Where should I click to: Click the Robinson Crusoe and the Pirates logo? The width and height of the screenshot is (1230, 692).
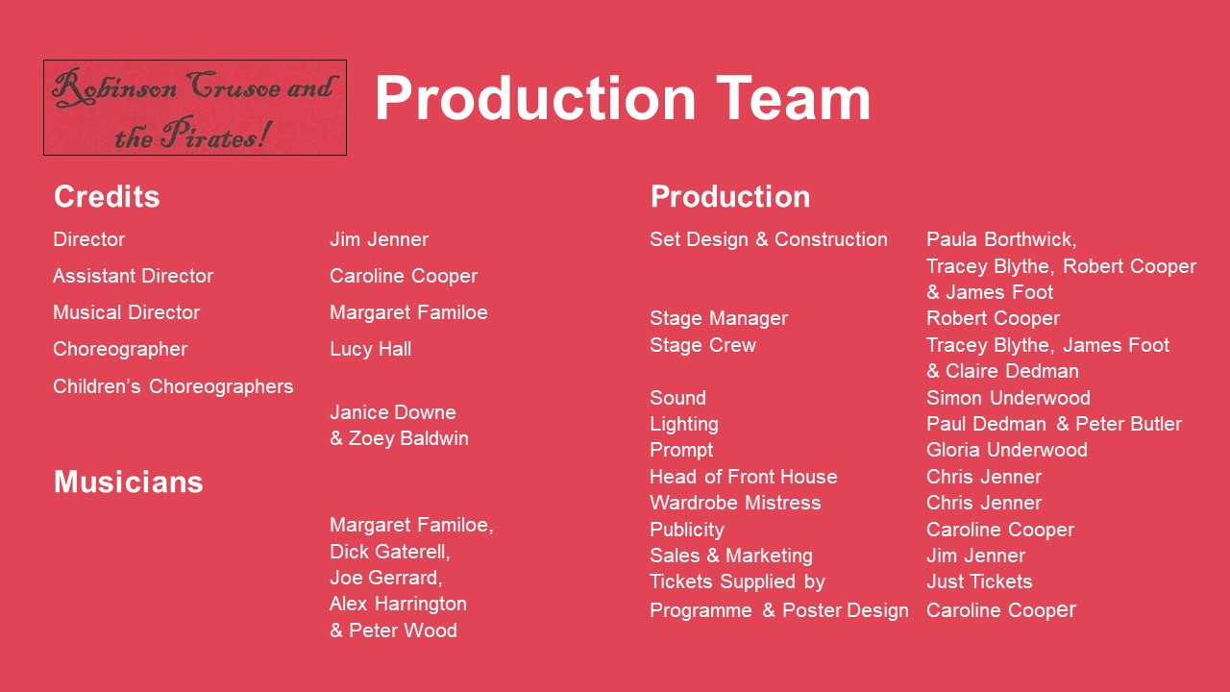[x=195, y=108]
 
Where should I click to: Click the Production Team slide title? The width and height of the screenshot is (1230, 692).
[x=623, y=98]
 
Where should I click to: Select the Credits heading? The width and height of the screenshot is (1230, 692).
[x=107, y=197]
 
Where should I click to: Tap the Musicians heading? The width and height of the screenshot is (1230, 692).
[x=129, y=482]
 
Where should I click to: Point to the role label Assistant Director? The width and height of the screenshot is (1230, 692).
[x=133, y=276]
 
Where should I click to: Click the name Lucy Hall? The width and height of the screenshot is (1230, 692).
[x=371, y=349]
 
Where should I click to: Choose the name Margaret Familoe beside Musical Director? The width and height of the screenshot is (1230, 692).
[x=408, y=312]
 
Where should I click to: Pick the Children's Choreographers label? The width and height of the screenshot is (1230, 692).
[x=174, y=386]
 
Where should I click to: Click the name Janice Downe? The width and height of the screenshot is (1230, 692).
[x=393, y=412]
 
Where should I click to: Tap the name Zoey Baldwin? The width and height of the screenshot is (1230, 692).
[x=408, y=438]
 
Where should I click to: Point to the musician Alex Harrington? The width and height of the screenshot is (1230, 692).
[x=398, y=605]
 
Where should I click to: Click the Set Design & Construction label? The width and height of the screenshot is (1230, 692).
[x=769, y=239]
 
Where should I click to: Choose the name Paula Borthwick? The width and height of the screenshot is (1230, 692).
[x=999, y=239]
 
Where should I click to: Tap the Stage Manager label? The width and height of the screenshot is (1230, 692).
[x=719, y=318]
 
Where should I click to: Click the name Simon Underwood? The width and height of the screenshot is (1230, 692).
[x=1008, y=398]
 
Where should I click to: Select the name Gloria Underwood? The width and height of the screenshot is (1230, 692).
[x=1006, y=450]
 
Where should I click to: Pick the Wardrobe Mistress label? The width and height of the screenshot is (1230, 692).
[x=735, y=503]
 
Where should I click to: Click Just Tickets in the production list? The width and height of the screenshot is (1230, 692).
[x=979, y=581]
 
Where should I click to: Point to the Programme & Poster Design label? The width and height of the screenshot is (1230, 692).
[x=779, y=610]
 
